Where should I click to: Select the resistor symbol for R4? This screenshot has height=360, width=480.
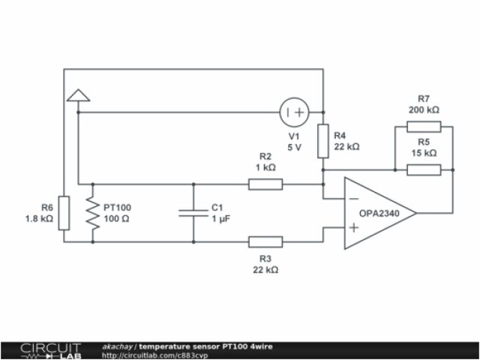tap(323, 142)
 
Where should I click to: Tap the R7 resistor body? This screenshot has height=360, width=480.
tap(423, 127)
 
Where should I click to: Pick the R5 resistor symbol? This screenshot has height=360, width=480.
tap(423, 169)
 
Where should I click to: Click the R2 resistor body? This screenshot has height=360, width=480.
tap(265, 184)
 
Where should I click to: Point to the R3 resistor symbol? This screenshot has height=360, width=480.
tap(265, 241)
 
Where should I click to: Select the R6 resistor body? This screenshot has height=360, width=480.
tap(64, 213)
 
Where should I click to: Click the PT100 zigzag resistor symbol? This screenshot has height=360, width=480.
tap(93, 213)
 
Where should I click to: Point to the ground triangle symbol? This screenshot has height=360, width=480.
tap(78, 94)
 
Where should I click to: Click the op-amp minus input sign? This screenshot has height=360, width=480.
tap(352, 199)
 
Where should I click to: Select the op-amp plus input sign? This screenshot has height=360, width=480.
tap(352, 226)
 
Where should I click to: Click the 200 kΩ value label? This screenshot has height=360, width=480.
tap(424, 109)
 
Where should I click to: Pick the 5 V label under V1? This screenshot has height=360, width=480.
tap(295, 147)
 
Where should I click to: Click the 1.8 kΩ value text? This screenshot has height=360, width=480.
tap(39, 218)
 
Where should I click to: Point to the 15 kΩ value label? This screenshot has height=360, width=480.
tap(424, 152)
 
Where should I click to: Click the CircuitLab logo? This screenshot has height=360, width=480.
tap(49, 350)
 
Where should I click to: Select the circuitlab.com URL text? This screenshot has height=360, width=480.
tap(154, 355)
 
